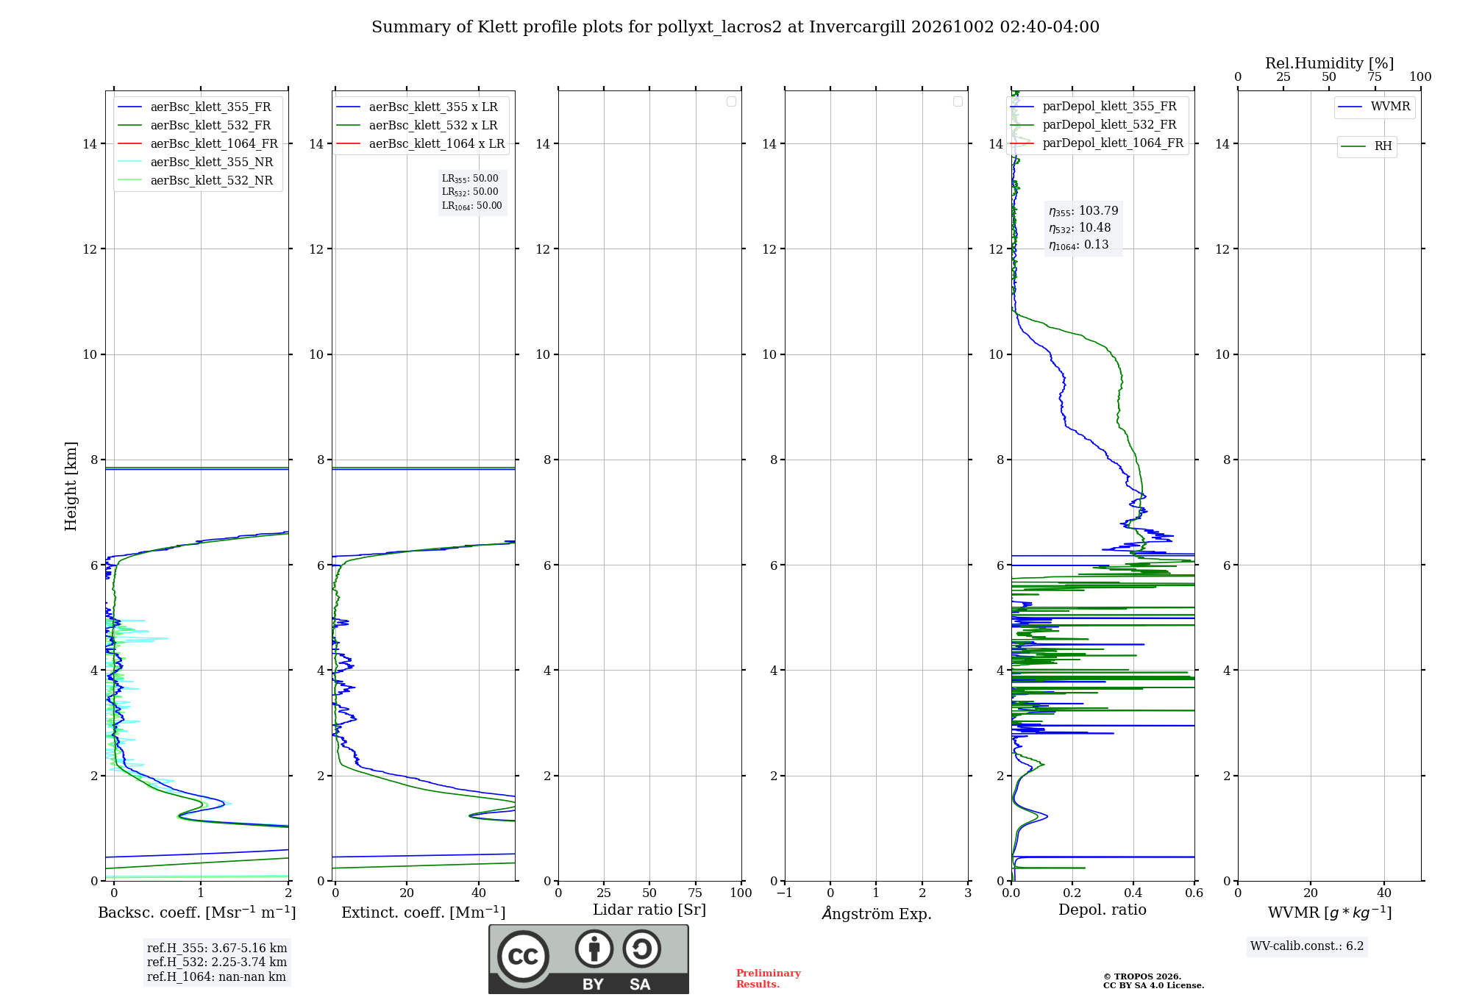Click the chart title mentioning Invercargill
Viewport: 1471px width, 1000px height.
tap(735, 27)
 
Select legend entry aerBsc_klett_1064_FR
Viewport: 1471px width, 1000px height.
tap(198, 144)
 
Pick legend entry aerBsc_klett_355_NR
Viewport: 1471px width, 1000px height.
tap(196, 162)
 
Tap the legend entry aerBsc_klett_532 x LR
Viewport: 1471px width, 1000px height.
tap(417, 126)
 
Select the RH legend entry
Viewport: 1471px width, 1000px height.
tap(1367, 146)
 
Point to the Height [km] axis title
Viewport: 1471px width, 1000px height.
tap(71, 486)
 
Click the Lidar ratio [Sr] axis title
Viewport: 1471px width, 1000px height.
tap(649, 910)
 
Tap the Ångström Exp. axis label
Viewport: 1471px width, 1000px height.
tap(877, 913)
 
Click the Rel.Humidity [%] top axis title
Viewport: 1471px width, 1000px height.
tap(1329, 63)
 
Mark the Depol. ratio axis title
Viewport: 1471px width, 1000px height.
tap(1103, 910)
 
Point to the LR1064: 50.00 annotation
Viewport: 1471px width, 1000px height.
tap(472, 206)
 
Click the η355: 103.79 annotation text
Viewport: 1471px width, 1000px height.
tap(1083, 211)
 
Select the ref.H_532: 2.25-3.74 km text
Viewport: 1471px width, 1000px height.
tap(217, 963)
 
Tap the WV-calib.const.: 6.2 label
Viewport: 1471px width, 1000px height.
tap(1307, 946)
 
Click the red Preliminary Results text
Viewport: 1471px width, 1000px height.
tap(769, 979)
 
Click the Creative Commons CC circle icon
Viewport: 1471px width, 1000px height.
tap(524, 957)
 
